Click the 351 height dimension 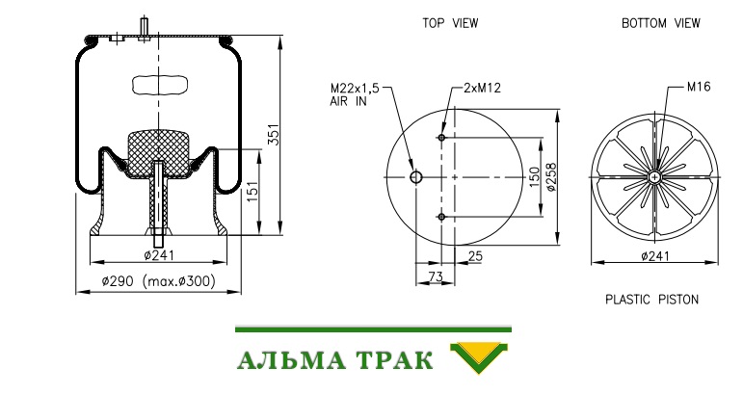(275, 135)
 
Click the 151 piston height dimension (252, 192)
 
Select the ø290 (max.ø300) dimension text (158, 281)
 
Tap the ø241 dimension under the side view (159, 255)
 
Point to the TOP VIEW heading (450, 23)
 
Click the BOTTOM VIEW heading (660, 23)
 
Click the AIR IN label (348, 101)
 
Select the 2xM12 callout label (483, 88)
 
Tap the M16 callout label (699, 87)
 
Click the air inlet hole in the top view (416, 177)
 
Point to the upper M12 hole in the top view (441, 138)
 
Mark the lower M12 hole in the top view (441, 217)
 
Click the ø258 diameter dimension (551, 177)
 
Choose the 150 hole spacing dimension (535, 177)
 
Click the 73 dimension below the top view (435, 276)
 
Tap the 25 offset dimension (475, 256)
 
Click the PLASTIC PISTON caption (652, 300)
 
